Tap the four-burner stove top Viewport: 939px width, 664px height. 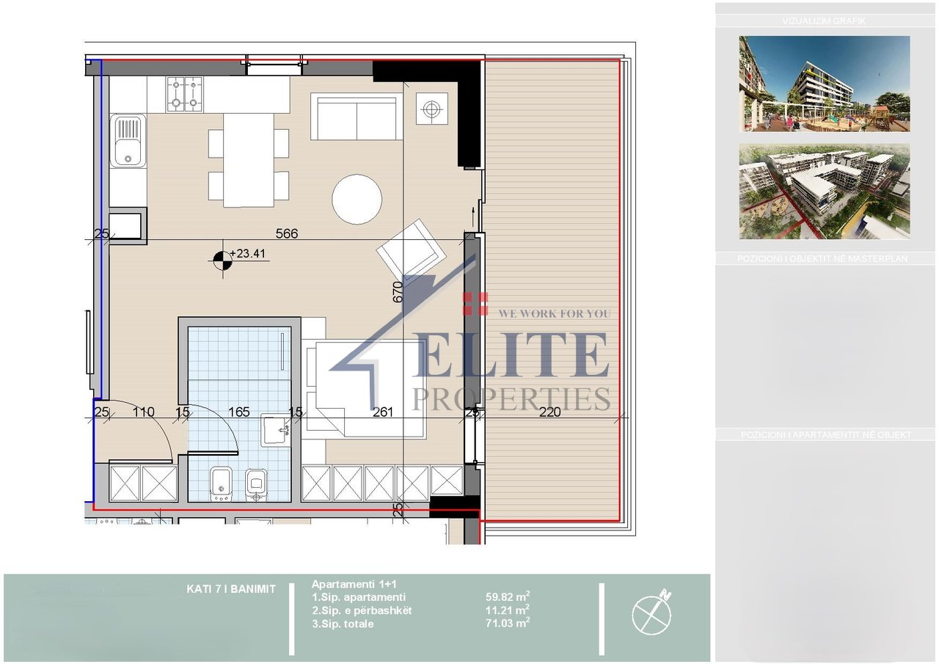click(184, 95)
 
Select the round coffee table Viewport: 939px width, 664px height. click(357, 199)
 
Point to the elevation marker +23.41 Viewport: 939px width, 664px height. click(245, 255)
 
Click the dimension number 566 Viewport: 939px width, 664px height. click(286, 234)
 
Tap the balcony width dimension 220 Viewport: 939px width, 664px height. click(549, 412)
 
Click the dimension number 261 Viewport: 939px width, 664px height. click(383, 412)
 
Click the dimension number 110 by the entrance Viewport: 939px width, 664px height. click(143, 412)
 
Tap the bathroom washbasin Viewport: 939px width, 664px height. click(275, 429)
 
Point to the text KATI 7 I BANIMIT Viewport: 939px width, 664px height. click(231, 588)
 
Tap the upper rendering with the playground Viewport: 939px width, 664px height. click(825, 84)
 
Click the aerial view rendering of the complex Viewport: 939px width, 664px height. click(825, 191)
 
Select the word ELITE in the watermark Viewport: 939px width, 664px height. click(511, 354)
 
